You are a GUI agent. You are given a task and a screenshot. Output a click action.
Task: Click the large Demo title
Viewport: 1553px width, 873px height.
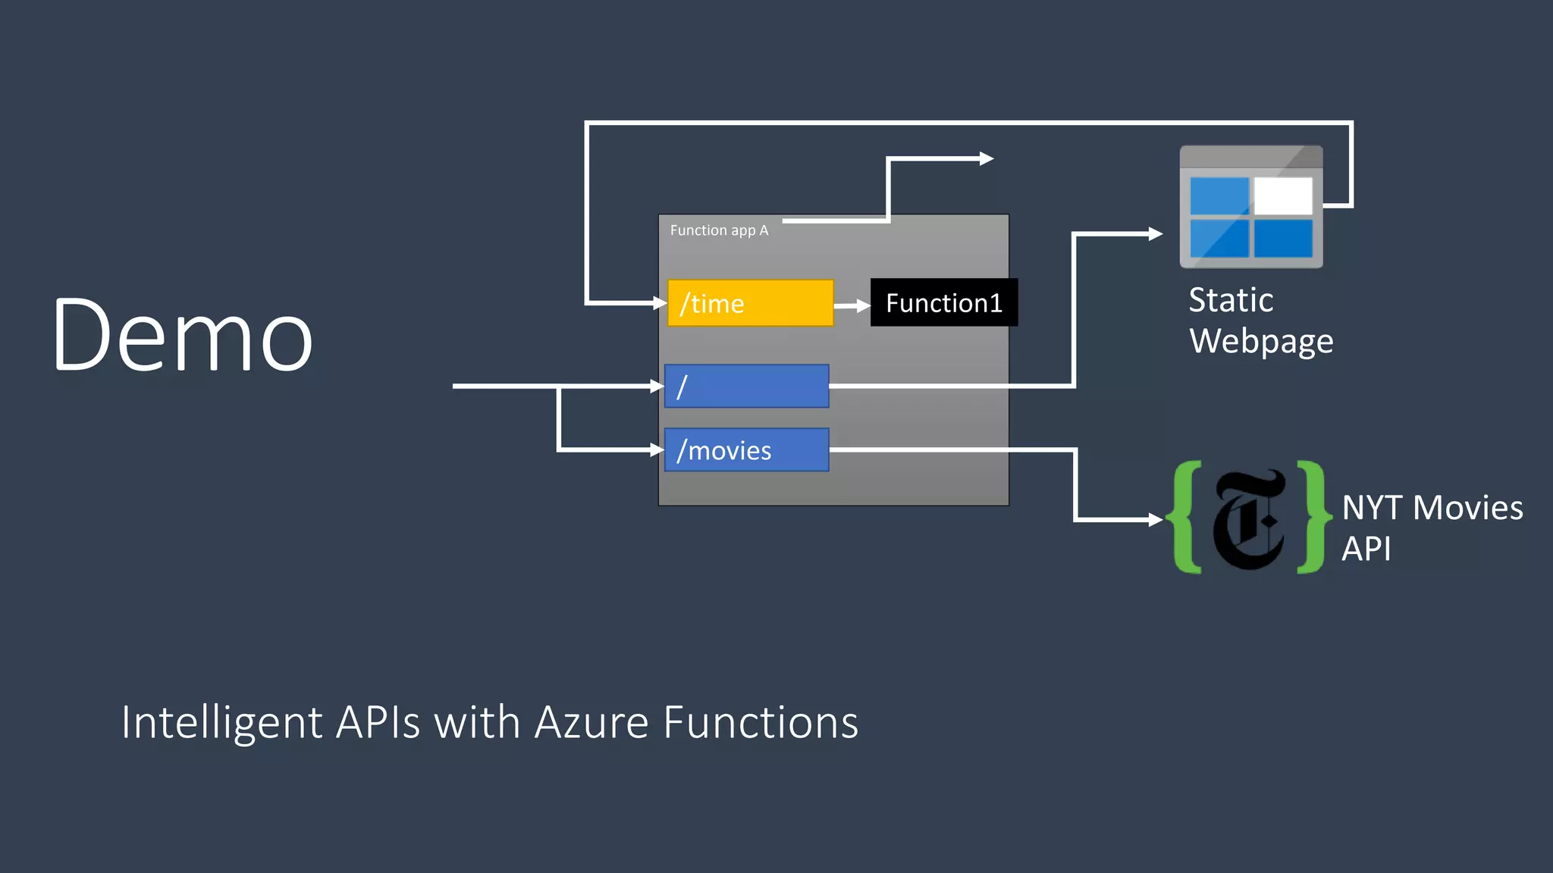pyautogui.click(x=182, y=335)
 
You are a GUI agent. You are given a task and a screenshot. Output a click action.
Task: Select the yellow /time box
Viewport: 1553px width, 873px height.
pyautogui.click(x=749, y=303)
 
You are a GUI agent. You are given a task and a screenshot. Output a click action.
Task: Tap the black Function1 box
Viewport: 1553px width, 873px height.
pyautogui.click(x=943, y=303)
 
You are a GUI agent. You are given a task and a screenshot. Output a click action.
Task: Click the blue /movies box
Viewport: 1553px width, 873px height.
pyautogui.click(x=746, y=450)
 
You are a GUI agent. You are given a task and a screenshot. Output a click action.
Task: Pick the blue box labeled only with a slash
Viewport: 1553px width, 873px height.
pyautogui.click(x=746, y=386)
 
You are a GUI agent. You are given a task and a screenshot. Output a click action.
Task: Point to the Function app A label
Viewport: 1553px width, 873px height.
pyautogui.click(x=719, y=230)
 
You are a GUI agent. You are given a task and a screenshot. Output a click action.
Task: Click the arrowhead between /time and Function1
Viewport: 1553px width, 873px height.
pyautogui.click(x=863, y=305)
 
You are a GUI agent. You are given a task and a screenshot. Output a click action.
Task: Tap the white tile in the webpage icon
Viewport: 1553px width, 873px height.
pyautogui.click(x=1283, y=196)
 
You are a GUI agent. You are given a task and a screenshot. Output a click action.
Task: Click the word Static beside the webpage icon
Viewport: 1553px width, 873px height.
pyautogui.click(x=1231, y=300)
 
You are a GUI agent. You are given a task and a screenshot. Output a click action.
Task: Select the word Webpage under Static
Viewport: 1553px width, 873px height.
pyautogui.click(x=1261, y=341)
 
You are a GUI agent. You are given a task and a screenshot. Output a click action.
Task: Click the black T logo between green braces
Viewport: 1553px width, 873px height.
pyautogui.click(x=1250, y=520)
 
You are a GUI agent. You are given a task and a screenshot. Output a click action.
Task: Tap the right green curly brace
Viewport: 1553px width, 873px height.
pyautogui.click(x=1312, y=517)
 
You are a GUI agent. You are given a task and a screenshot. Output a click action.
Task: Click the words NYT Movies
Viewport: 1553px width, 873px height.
pyautogui.click(x=1432, y=508)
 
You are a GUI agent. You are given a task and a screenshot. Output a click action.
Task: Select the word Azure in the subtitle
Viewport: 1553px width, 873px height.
pyautogui.click(x=591, y=722)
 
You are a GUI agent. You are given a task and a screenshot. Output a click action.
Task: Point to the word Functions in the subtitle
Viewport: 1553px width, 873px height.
pyautogui.click(x=761, y=722)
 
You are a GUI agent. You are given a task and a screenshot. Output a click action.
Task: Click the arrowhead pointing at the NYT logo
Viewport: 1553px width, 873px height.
pyautogui.click(x=1156, y=520)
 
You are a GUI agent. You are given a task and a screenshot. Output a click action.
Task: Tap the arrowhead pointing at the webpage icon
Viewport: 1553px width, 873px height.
pyautogui.click(x=1156, y=234)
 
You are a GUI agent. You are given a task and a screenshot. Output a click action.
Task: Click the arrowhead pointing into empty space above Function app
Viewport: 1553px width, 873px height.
pyautogui.click(x=987, y=158)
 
